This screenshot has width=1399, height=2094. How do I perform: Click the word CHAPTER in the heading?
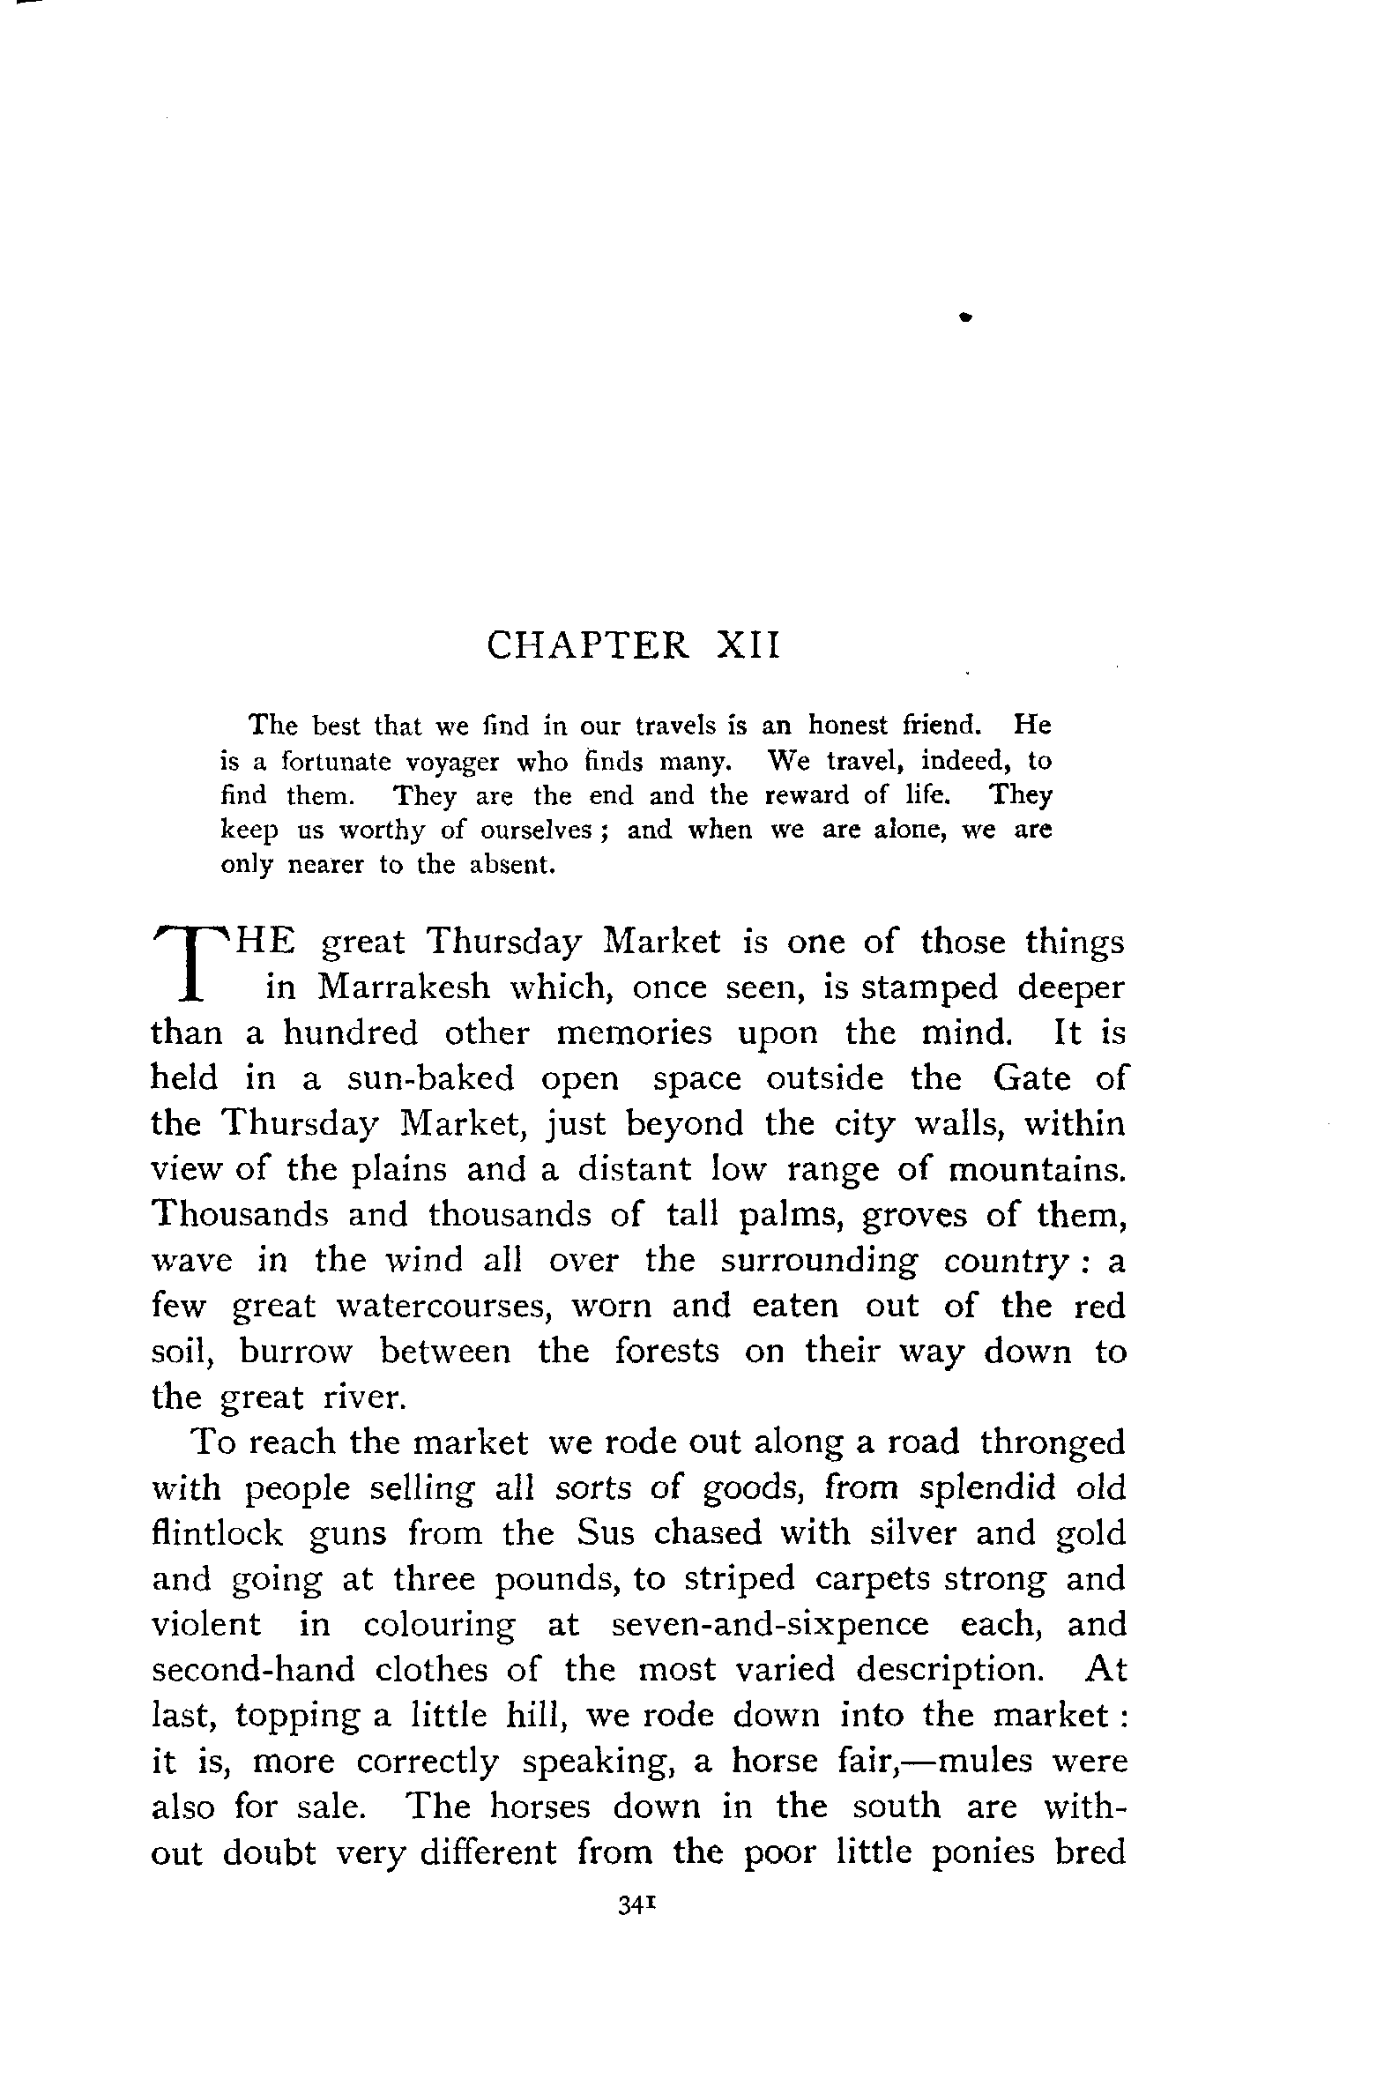(588, 645)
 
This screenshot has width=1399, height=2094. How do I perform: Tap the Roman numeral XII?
(748, 645)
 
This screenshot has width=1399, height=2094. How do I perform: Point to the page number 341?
(637, 1905)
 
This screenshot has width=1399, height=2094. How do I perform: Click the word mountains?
(1037, 1169)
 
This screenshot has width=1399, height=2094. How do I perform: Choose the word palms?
(797, 1215)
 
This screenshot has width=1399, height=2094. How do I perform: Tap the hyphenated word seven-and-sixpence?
(770, 1624)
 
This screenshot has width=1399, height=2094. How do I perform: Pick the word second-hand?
(252, 1669)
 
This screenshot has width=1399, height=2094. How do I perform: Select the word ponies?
(982, 1852)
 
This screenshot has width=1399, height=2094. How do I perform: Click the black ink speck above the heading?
(964, 316)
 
